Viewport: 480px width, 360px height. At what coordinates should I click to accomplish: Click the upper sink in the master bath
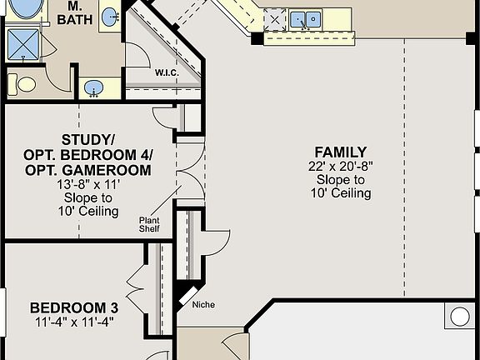tap(110, 17)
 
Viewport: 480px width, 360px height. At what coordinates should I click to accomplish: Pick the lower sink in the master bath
tap(92, 87)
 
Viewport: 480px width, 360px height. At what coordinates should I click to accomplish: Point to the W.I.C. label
tap(167, 72)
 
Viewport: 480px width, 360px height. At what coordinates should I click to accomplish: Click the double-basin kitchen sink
tap(306, 18)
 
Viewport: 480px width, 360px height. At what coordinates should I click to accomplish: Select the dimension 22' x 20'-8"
tap(340, 166)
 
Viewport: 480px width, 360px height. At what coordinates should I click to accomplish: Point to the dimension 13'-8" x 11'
tap(88, 184)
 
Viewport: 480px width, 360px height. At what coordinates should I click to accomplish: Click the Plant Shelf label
tap(149, 225)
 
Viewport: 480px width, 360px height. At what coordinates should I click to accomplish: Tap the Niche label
tap(203, 305)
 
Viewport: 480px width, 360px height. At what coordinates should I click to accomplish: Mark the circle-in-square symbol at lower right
tap(461, 317)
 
